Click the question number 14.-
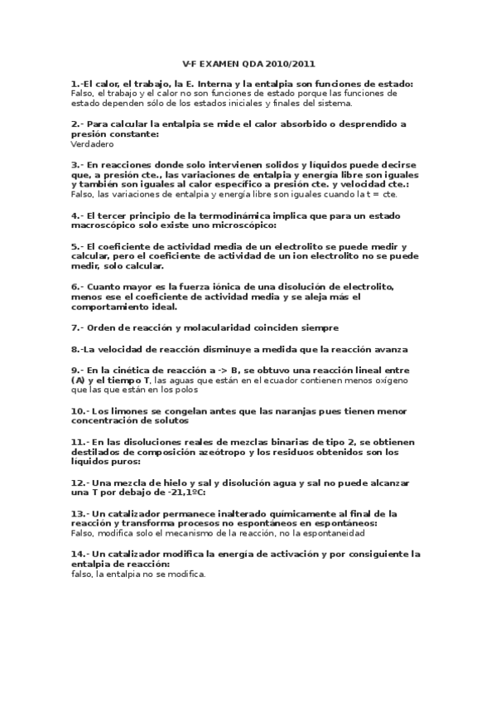point(80,553)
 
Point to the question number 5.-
point(77,246)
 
